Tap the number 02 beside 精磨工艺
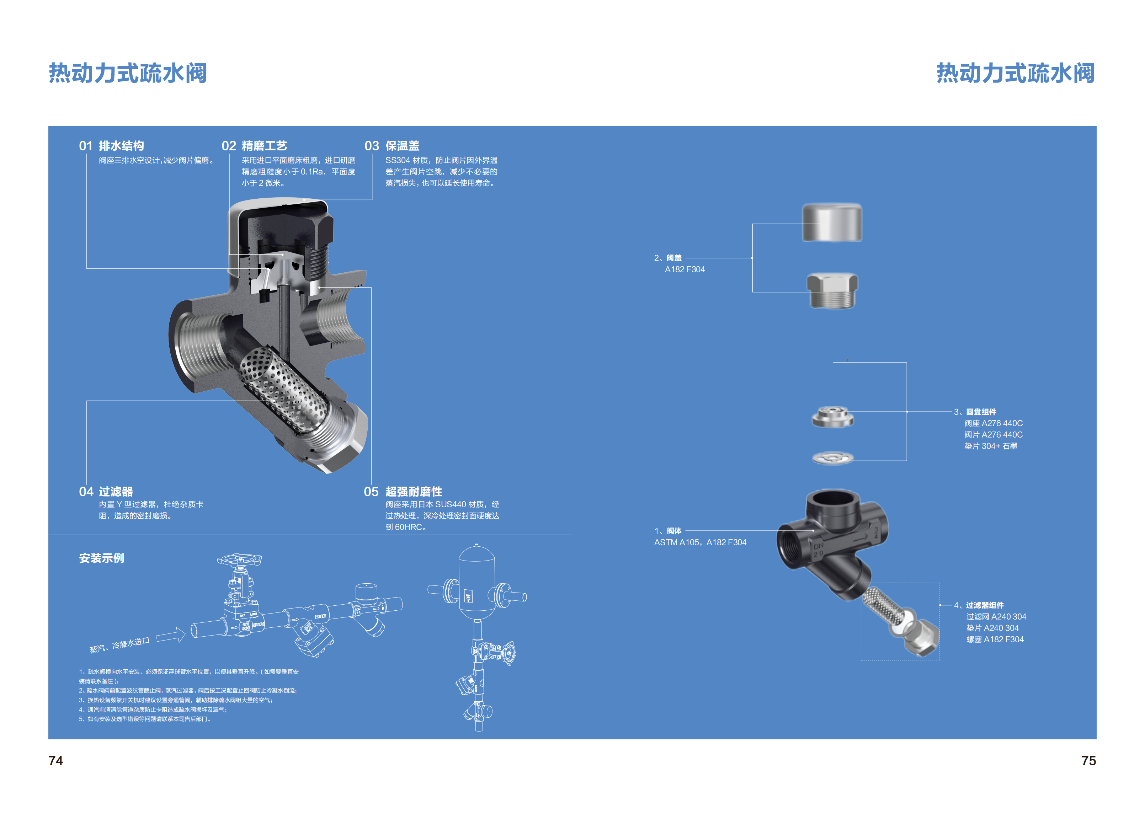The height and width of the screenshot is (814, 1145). tap(229, 146)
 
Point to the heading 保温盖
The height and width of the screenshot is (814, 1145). tap(402, 146)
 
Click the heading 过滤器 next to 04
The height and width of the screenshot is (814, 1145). tap(116, 492)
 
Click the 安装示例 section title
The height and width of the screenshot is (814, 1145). tap(101, 558)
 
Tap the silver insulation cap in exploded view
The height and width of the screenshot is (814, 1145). tap(832, 223)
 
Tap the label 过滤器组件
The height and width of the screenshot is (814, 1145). tap(985, 605)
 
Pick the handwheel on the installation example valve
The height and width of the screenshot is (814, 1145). tap(239, 559)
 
